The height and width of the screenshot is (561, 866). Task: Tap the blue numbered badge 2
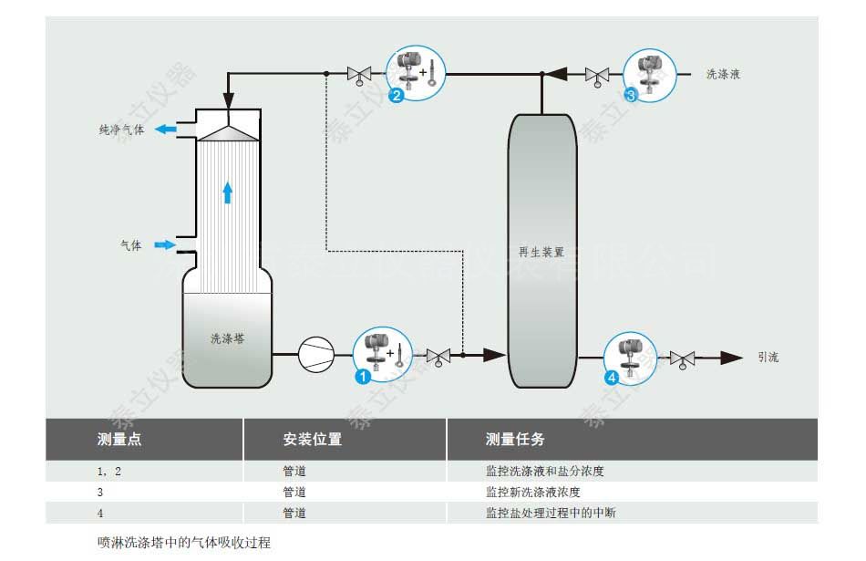tap(397, 94)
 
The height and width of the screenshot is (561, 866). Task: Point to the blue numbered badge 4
tap(611, 375)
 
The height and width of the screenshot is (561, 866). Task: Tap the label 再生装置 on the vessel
tap(541, 252)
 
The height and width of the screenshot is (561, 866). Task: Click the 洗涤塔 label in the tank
tap(227, 338)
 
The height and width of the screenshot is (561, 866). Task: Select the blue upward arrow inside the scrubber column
tap(227, 192)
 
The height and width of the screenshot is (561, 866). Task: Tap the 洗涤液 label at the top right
tap(723, 74)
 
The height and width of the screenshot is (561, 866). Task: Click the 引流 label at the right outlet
tap(768, 358)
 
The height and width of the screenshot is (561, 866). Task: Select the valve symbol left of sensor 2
tap(358, 74)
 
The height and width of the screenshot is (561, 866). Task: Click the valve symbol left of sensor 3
tap(597, 74)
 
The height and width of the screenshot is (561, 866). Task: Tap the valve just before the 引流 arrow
tap(682, 358)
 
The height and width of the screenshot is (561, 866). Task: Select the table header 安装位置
tap(313, 440)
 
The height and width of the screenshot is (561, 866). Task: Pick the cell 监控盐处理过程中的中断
tap(551, 513)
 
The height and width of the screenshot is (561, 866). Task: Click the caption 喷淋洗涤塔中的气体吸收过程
tap(184, 542)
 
